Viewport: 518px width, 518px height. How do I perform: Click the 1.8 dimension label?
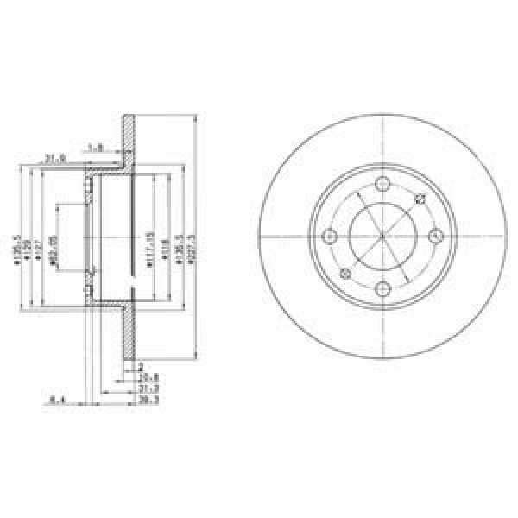[97, 148]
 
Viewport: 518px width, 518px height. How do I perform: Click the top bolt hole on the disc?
[382, 184]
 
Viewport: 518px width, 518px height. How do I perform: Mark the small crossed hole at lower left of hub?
[344, 274]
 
